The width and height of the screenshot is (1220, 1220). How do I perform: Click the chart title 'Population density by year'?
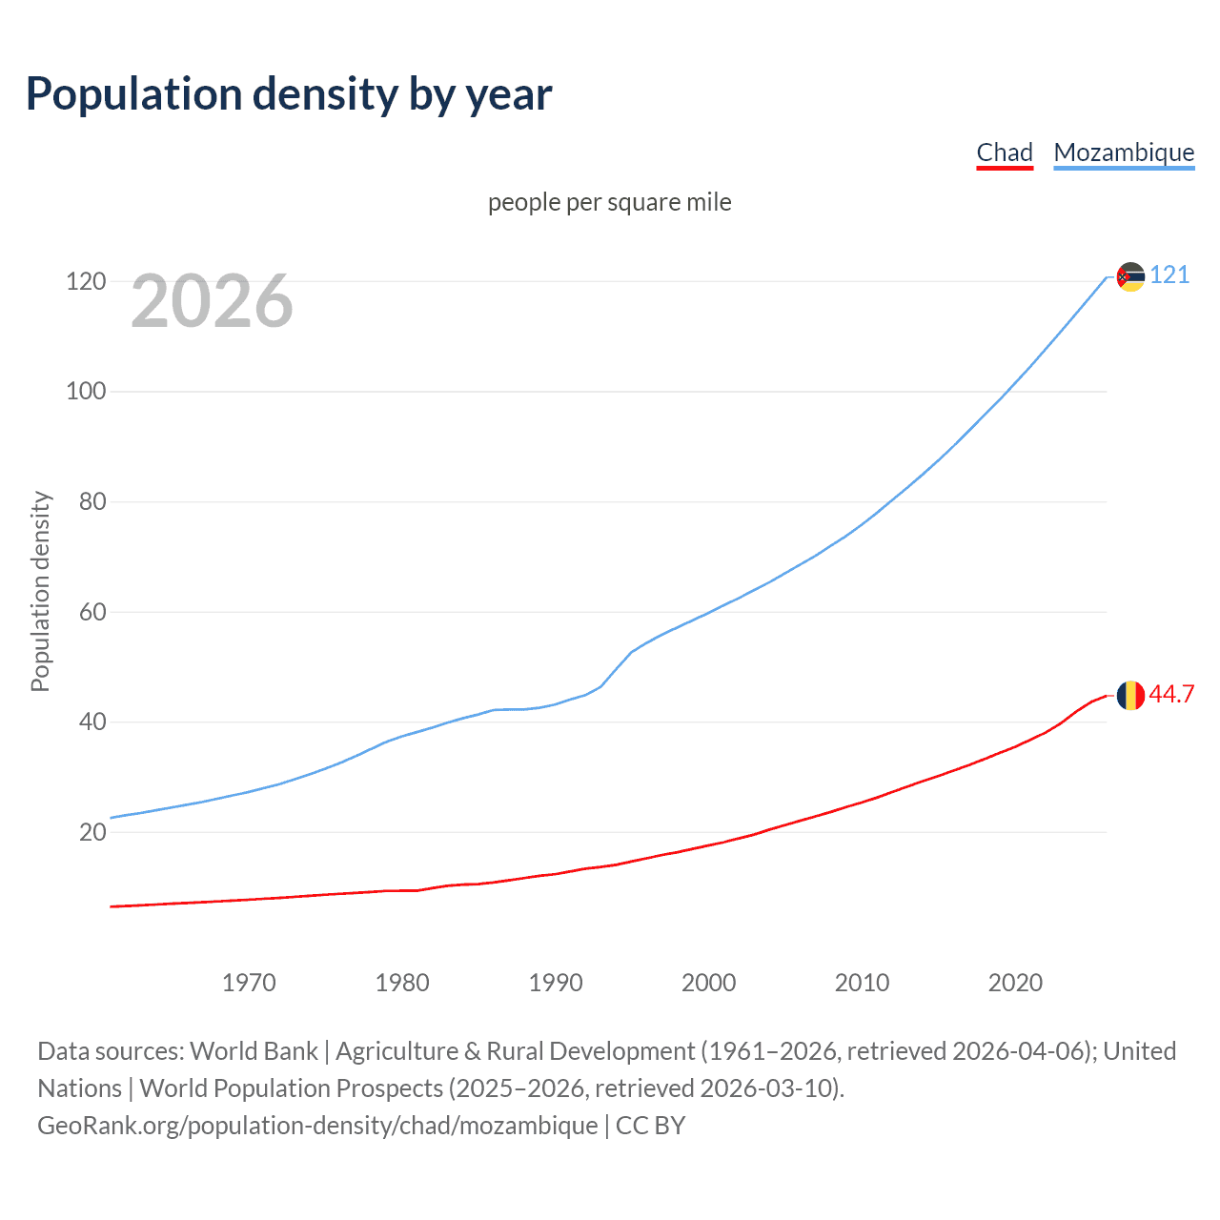pyautogui.click(x=289, y=94)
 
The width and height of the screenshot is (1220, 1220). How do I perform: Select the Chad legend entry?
pyautogui.click(x=1005, y=152)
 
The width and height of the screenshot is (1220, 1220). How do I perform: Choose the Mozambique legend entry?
pyautogui.click(x=1124, y=152)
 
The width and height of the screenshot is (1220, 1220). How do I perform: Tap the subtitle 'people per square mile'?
pyautogui.click(x=609, y=202)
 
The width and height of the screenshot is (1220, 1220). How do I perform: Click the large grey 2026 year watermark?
pyautogui.click(x=212, y=301)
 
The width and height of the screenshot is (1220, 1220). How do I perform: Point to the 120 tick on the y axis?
pyautogui.click(x=86, y=281)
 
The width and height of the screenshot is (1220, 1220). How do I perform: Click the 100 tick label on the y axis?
pyautogui.click(x=86, y=392)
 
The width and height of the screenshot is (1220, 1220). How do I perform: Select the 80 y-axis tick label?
pyautogui.click(x=92, y=501)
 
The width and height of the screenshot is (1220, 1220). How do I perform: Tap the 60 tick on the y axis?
pyautogui.click(x=92, y=612)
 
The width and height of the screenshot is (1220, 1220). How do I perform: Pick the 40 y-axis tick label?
pyautogui.click(x=92, y=722)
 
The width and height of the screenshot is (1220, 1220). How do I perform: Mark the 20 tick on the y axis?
pyautogui.click(x=92, y=832)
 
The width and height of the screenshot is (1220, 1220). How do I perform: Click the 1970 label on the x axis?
pyautogui.click(x=249, y=983)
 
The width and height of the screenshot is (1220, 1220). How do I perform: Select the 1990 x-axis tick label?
pyautogui.click(x=556, y=983)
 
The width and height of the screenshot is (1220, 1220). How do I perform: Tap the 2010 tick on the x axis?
pyautogui.click(x=862, y=983)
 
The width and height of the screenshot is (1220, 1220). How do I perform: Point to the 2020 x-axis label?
pyautogui.click(x=1015, y=983)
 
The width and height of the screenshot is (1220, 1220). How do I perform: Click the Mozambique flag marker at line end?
pyautogui.click(x=1130, y=276)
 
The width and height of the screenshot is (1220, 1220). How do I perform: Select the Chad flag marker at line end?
pyautogui.click(x=1130, y=696)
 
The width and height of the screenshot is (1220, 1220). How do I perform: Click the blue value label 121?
pyautogui.click(x=1169, y=275)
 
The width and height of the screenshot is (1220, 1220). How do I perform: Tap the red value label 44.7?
pyautogui.click(x=1171, y=695)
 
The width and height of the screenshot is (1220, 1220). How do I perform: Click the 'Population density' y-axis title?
pyautogui.click(x=40, y=591)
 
